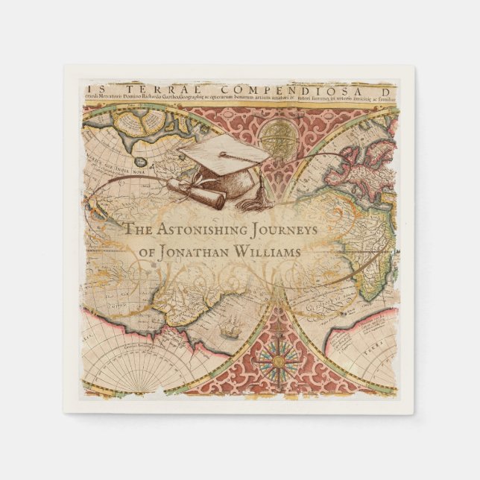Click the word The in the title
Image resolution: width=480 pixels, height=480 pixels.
coord(138,230)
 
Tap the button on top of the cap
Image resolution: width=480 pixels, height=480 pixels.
coord(222,154)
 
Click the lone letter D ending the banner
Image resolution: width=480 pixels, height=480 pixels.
coord(388,84)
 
